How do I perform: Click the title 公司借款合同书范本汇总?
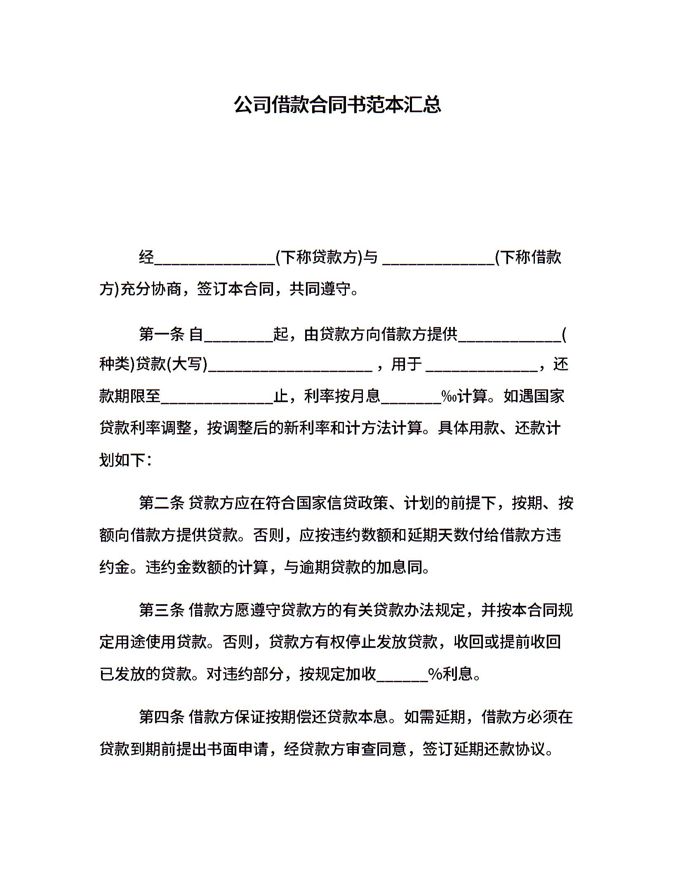point(337,105)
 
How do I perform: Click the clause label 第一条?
point(161,334)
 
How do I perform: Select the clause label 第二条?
point(161,503)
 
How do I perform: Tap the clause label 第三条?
point(161,610)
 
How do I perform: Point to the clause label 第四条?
point(161,718)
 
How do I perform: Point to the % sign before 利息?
point(435,674)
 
